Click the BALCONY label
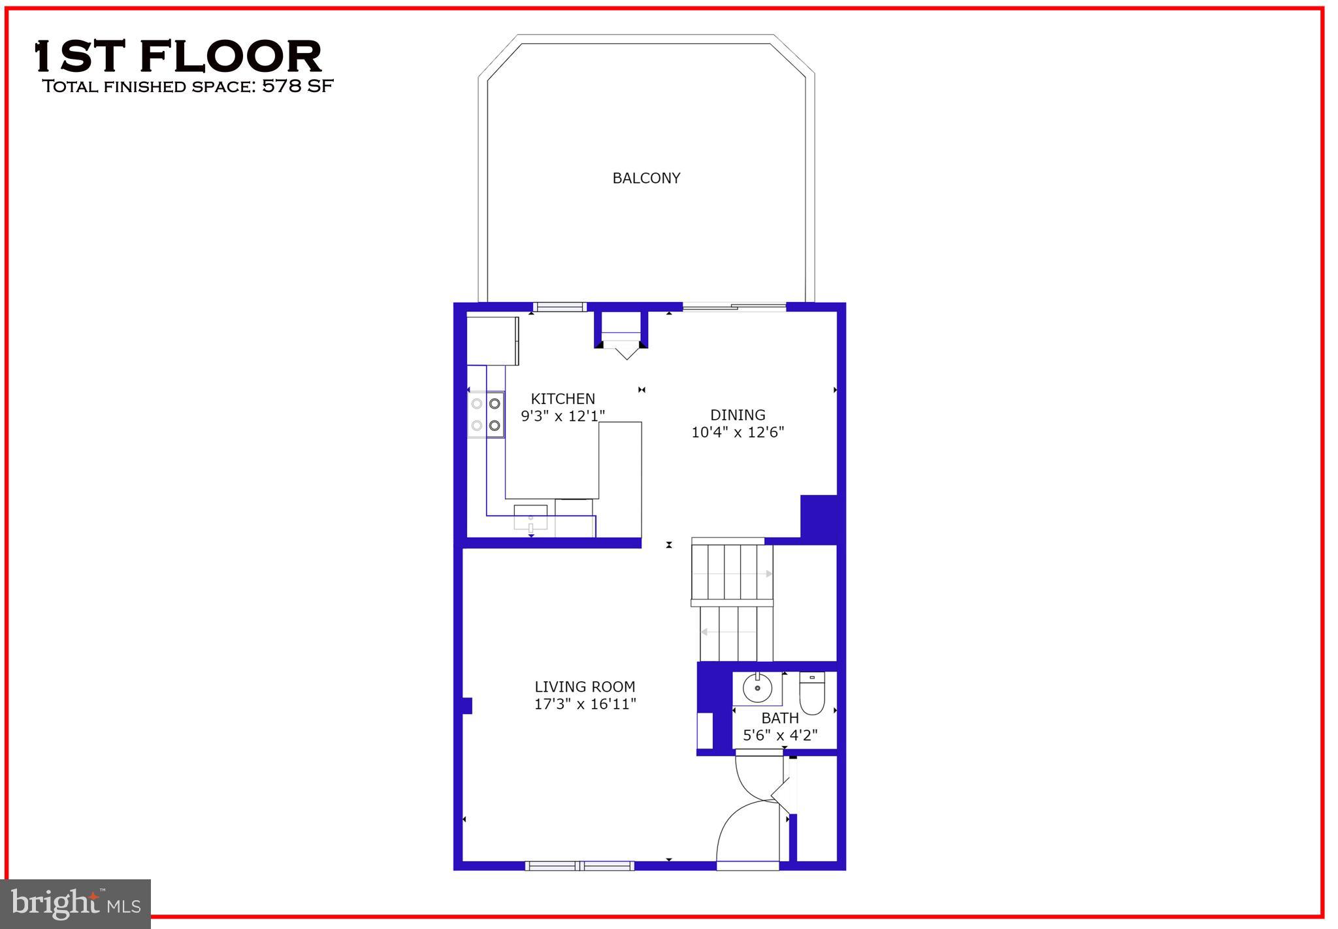pyautogui.click(x=646, y=178)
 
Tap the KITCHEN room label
pyautogui.click(x=563, y=399)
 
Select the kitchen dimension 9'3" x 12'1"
pyautogui.click(x=563, y=416)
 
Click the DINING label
pyautogui.click(x=738, y=415)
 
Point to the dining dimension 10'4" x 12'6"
pyautogui.click(x=738, y=432)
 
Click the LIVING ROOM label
pyautogui.click(x=585, y=686)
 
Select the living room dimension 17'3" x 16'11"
pyautogui.click(x=585, y=704)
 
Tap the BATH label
pyautogui.click(x=780, y=718)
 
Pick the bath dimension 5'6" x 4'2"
pyautogui.click(x=780, y=735)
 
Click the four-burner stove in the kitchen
pyautogui.click(x=486, y=414)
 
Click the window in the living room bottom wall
pyautogui.click(x=579, y=866)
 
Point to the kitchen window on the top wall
pyautogui.click(x=560, y=307)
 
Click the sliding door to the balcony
pyautogui.click(x=734, y=307)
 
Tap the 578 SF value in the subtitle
pyautogui.click(x=298, y=86)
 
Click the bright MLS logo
pyautogui.click(x=76, y=904)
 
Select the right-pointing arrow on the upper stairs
pyautogui.click(x=769, y=574)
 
